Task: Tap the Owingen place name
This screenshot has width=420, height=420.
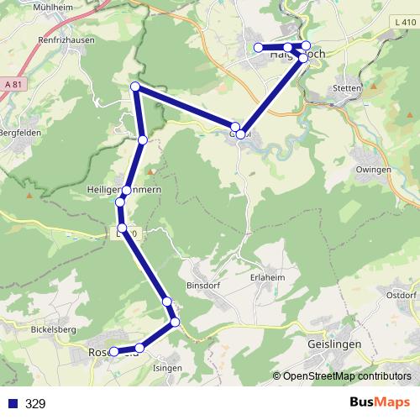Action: [374, 170]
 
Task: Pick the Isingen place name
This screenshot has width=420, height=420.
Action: [166, 368]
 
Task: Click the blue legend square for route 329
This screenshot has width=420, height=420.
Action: [13, 404]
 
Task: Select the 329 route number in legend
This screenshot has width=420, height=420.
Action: [35, 404]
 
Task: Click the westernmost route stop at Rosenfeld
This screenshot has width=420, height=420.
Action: [113, 352]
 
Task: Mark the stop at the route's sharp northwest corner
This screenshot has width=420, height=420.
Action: [135, 87]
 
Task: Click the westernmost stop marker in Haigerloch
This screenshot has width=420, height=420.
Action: [259, 48]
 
